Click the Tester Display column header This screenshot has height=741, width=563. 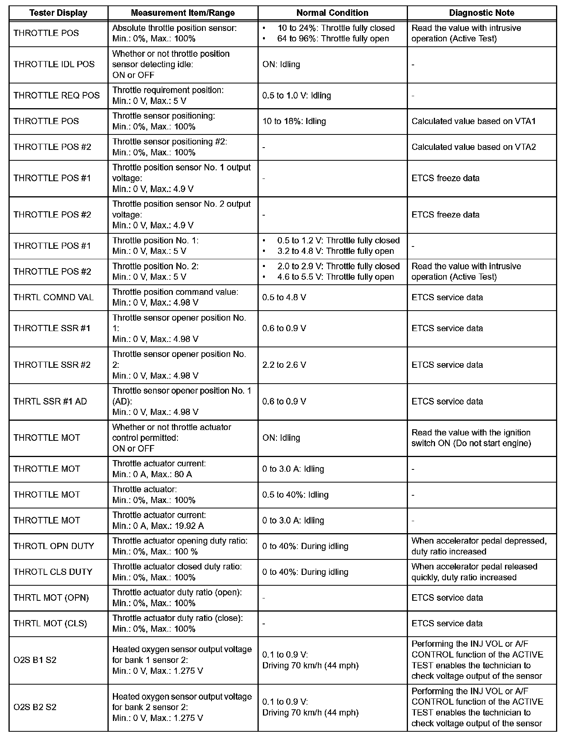pos(58,13)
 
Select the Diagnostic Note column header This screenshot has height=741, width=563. pos(481,13)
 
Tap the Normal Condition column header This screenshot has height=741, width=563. pos(332,13)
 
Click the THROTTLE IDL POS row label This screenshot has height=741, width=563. pos(54,64)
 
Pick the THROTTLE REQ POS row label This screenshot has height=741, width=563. pos(56,95)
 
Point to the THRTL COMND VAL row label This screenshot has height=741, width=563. pos(53,297)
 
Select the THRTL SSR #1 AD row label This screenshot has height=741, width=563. pos(50,401)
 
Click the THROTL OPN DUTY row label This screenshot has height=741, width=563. pos(54,546)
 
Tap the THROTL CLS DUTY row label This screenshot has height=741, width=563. pos(53,572)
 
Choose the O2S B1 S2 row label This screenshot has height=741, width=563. pos(35,660)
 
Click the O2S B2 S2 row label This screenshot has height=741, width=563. pos(35,707)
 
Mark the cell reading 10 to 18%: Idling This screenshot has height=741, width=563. pos(294,121)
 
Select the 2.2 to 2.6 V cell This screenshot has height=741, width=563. pos(284,365)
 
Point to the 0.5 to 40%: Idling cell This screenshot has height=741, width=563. pos(295,495)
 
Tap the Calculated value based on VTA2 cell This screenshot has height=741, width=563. pos(474,147)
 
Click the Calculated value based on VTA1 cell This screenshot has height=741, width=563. pos(474,121)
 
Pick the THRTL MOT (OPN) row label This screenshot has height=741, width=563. pos(51,598)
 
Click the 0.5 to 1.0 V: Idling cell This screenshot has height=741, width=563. pos(297,95)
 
